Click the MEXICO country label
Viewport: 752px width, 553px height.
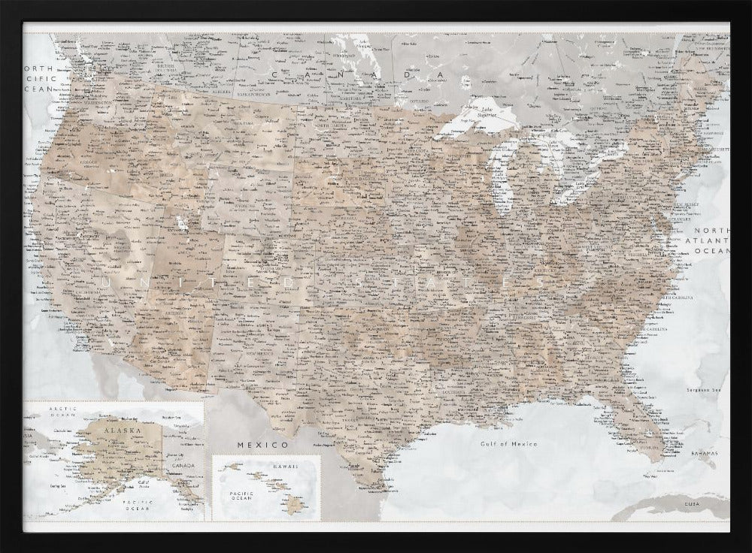pyautogui.click(x=253, y=445)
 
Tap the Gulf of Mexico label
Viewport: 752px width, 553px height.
pyautogui.click(x=509, y=444)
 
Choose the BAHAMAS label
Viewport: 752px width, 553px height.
pyautogui.click(x=705, y=454)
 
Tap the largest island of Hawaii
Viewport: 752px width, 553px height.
pyautogui.click(x=294, y=505)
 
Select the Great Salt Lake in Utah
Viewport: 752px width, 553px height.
pyautogui.click(x=181, y=224)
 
